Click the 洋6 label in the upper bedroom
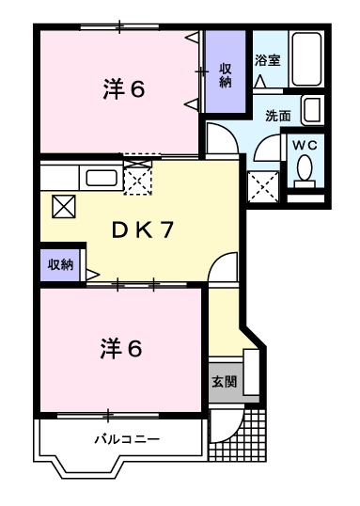coord(122,90)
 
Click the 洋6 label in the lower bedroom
coord(122,348)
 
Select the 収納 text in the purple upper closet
coord(227,74)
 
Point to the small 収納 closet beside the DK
coord(61,264)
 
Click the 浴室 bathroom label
coord(267,60)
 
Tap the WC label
coord(304,145)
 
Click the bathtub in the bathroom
coord(306,59)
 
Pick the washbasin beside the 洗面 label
coord(314,110)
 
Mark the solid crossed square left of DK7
coord(63,205)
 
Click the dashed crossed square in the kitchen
coord(137,178)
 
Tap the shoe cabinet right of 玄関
coord(250,376)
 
